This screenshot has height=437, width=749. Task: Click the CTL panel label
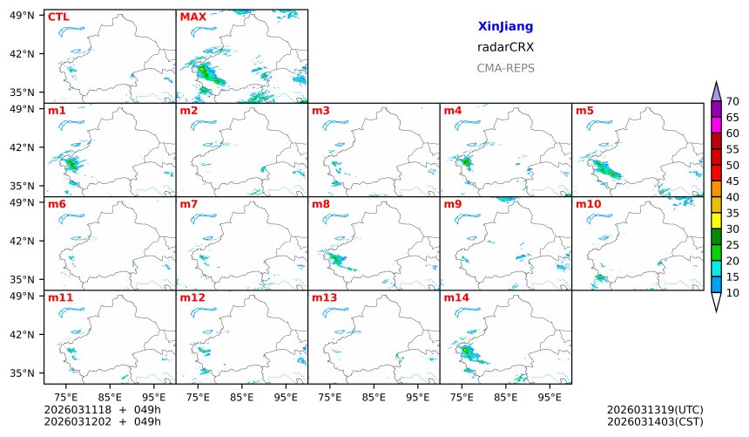click(57, 17)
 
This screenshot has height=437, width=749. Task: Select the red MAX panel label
click(192, 17)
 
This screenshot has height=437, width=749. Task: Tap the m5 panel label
click(584, 111)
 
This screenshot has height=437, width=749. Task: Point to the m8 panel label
click(321, 204)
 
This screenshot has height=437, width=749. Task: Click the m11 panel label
click(61, 297)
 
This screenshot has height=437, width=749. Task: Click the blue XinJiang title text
click(505, 27)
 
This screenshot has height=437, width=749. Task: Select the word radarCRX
click(505, 47)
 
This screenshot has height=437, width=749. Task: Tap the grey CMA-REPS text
click(505, 68)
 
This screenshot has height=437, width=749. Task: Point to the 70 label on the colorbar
click(732, 102)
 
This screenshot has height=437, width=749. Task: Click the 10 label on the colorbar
click(732, 293)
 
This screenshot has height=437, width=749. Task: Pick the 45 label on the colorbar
click(732, 181)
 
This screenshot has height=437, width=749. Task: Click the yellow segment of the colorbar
click(716, 221)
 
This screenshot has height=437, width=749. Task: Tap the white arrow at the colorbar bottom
click(716, 302)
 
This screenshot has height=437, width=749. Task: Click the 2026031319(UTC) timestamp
click(654, 409)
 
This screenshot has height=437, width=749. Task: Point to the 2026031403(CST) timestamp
click(654, 421)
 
